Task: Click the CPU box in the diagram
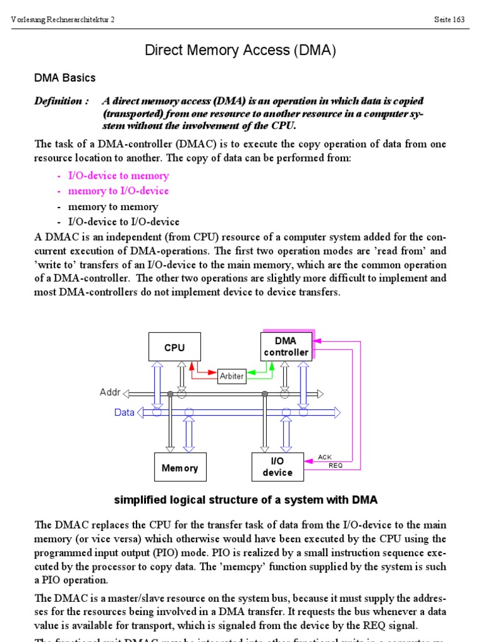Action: (x=174, y=347)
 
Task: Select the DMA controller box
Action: (x=286, y=346)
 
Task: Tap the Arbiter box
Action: (x=231, y=376)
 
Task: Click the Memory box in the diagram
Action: (x=179, y=468)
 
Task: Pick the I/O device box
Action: (x=277, y=467)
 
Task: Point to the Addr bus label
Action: (x=109, y=392)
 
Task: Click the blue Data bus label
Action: (x=124, y=413)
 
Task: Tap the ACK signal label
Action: (x=324, y=457)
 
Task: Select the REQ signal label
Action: (x=336, y=465)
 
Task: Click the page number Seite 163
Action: (x=449, y=19)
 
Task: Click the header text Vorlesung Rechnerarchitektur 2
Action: (x=63, y=19)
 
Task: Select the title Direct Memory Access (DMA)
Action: (x=240, y=51)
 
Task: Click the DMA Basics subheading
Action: (x=65, y=78)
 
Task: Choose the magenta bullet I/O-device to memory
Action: (x=118, y=176)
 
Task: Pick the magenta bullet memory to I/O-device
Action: (x=118, y=191)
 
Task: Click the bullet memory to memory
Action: (x=113, y=206)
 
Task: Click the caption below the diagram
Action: (x=246, y=500)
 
